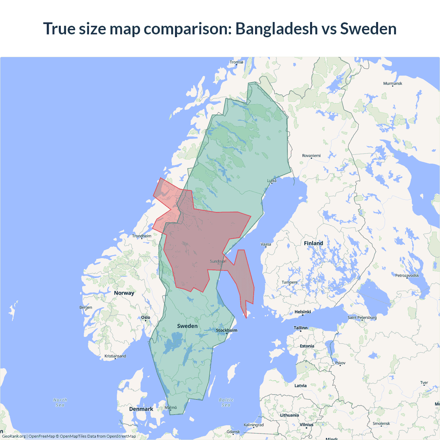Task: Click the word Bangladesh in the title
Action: [276, 29]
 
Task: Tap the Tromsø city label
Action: [236, 62]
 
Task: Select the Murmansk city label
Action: [393, 84]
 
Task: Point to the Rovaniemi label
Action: [311, 156]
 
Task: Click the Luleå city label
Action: [272, 180]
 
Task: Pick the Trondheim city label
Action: [142, 236]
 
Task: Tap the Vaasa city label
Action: [266, 244]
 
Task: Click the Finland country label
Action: [313, 243]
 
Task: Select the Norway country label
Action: [124, 293]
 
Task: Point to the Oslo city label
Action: [145, 317]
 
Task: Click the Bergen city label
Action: [86, 307]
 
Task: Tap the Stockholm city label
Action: [227, 330]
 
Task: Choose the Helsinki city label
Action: [302, 312]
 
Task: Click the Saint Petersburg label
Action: [362, 317]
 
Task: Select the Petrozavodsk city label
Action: [407, 275]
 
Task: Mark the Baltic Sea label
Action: [226, 402]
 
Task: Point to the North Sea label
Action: [60, 402]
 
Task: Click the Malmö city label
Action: [170, 407]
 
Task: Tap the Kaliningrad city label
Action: [254, 425]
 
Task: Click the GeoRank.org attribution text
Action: [14, 436]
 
